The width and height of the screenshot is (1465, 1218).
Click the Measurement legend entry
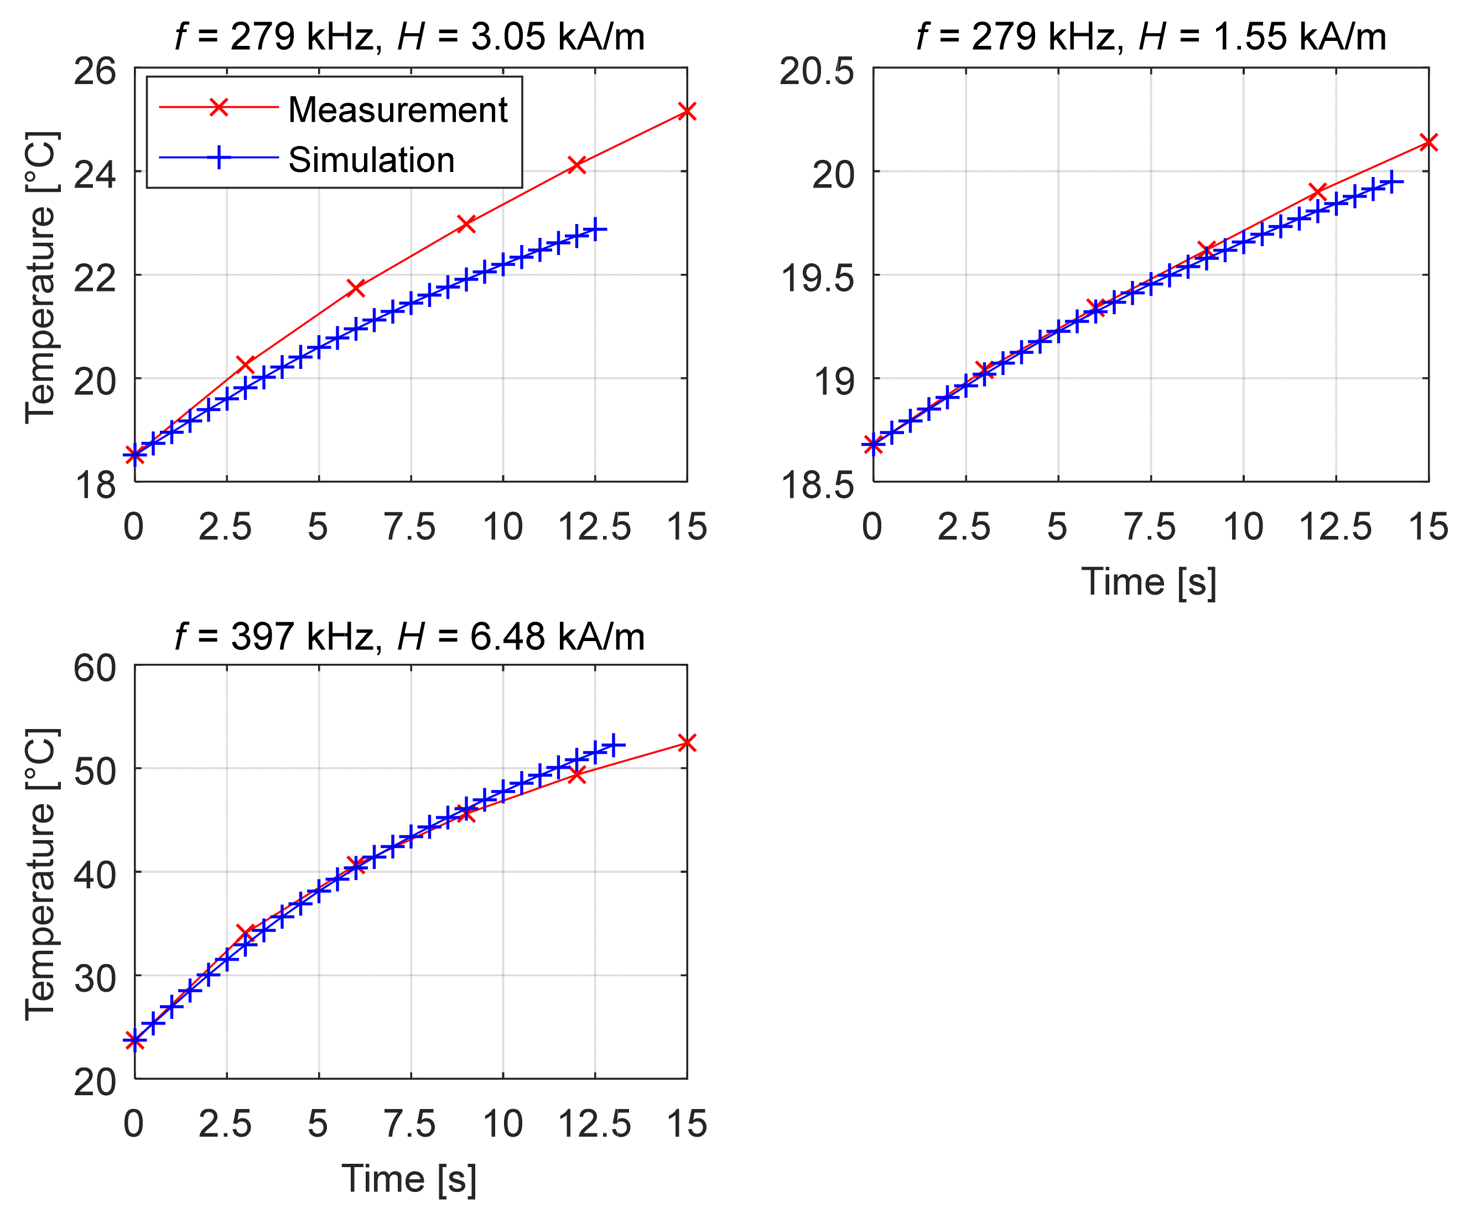point(398,110)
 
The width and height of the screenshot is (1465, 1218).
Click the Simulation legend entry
point(371,160)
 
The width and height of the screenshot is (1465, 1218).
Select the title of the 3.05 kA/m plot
point(409,37)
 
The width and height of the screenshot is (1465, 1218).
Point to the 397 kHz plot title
point(409,636)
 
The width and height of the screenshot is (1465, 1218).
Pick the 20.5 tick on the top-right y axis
point(816,71)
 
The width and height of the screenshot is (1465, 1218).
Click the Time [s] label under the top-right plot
point(1149,582)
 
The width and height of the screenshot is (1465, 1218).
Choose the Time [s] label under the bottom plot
point(409,1179)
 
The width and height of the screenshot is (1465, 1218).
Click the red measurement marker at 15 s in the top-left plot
point(687,111)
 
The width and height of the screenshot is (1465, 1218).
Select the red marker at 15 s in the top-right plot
point(1428,142)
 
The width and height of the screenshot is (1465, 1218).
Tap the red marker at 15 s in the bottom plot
point(687,743)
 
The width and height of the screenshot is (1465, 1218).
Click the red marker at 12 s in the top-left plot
point(576,165)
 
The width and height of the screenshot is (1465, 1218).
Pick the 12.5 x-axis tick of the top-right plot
point(1335,527)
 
